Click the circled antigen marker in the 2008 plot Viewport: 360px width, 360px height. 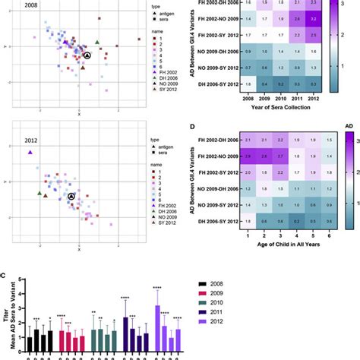87,55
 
